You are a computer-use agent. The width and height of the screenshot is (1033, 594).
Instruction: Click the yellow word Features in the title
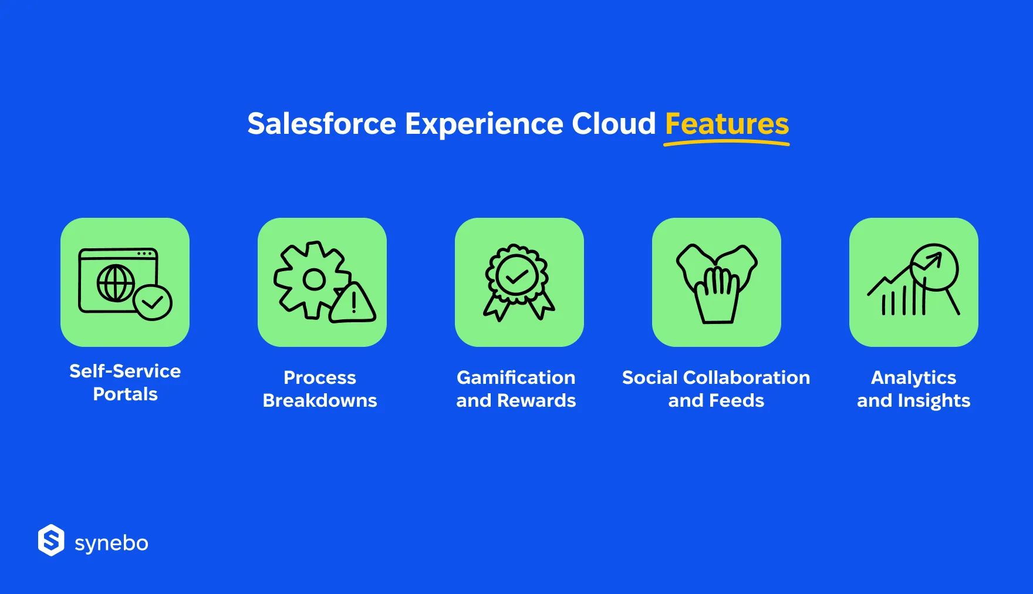pyautogui.click(x=727, y=123)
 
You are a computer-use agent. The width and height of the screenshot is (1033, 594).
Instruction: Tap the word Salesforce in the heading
pyautogui.click(x=322, y=123)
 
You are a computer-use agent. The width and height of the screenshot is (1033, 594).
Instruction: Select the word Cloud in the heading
pyautogui.click(x=613, y=123)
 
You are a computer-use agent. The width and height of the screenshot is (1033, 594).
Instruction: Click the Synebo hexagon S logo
pyautogui.click(x=51, y=540)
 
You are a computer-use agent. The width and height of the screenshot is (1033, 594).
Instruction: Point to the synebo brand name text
pyautogui.click(x=112, y=544)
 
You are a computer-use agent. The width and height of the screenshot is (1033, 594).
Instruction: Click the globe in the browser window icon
pyautogui.click(x=116, y=283)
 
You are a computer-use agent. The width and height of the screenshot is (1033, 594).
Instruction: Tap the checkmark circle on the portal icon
pyautogui.click(x=153, y=302)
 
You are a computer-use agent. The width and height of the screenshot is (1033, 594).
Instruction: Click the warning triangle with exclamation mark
pyautogui.click(x=353, y=303)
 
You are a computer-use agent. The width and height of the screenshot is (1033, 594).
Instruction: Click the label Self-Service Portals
pyautogui.click(x=125, y=382)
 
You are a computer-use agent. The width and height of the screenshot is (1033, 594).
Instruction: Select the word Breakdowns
pyautogui.click(x=320, y=400)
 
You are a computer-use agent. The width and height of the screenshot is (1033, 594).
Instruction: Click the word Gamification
pyautogui.click(x=516, y=377)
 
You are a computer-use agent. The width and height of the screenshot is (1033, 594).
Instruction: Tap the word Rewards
pyautogui.click(x=536, y=400)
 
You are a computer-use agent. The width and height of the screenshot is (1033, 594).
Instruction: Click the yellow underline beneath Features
pyautogui.click(x=727, y=143)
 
